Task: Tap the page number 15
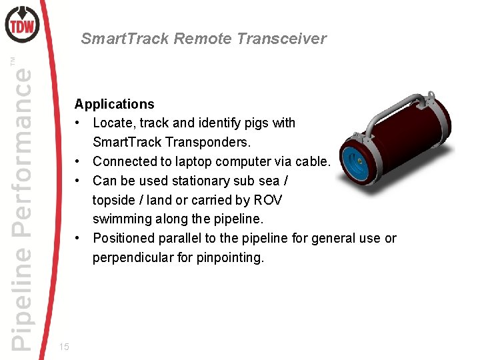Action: (x=64, y=346)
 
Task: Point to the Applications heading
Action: (x=114, y=104)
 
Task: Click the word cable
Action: (x=313, y=161)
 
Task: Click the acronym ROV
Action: (x=267, y=200)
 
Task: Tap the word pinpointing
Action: (x=229, y=257)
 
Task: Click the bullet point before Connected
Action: (x=79, y=161)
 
